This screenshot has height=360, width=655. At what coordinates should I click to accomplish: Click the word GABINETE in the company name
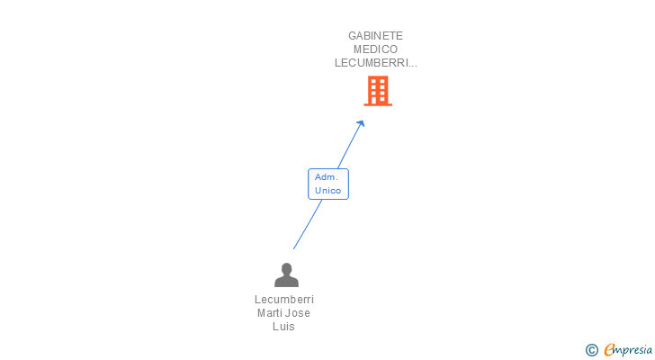(375, 36)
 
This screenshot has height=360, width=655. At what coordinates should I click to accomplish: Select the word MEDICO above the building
(375, 49)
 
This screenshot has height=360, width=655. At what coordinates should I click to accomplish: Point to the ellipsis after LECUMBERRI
(413, 66)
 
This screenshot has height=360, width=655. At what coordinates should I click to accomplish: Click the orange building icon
(378, 91)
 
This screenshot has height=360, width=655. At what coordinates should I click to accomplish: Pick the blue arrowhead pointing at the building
(361, 123)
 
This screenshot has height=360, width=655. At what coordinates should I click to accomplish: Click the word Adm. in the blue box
(327, 177)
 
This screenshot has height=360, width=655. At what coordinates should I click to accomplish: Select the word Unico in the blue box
(327, 191)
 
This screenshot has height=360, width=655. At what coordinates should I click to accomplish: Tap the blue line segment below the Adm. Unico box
(308, 225)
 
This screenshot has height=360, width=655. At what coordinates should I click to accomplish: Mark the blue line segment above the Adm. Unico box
(350, 146)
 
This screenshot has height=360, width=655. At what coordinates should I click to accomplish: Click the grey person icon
(286, 274)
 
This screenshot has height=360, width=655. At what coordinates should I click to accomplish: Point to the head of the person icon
(286, 268)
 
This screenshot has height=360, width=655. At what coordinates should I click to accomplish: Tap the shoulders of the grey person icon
(286, 282)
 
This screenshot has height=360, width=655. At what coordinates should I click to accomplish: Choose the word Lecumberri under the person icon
(284, 300)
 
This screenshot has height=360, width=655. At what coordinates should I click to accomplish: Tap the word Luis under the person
(283, 326)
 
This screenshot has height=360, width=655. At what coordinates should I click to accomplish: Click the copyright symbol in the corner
(591, 350)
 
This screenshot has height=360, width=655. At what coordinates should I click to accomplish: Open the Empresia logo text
(628, 350)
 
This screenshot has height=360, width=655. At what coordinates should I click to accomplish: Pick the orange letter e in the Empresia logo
(609, 349)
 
